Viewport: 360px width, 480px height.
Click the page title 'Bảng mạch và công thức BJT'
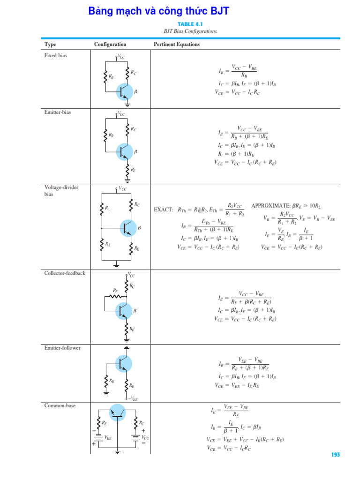pos(158,11)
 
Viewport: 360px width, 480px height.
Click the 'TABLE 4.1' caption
pos(190,24)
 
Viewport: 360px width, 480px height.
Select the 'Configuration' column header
pos(110,45)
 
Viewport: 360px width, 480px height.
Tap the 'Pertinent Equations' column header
pos(177,45)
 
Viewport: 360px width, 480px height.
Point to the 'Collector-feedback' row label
pos(65,273)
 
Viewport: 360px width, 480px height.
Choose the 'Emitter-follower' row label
pos(62,348)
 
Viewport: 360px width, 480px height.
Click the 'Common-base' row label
pos(60,405)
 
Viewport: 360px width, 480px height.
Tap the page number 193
pos(335,455)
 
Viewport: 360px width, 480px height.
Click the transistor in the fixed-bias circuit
pos(125,91)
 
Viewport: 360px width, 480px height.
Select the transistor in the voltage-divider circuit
pos(127,228)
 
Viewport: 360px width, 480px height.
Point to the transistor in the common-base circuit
pos(117,412)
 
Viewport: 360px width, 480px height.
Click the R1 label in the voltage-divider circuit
pos(107,208)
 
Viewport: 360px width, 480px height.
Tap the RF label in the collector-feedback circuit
pos(115,291)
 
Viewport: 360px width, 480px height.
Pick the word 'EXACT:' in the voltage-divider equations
pos(164,210)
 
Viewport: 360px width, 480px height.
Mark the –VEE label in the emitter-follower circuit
pos(133,399)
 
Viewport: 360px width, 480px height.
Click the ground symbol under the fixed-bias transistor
pos(127,105)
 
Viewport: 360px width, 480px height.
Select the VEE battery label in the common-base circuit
pos(108,437)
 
